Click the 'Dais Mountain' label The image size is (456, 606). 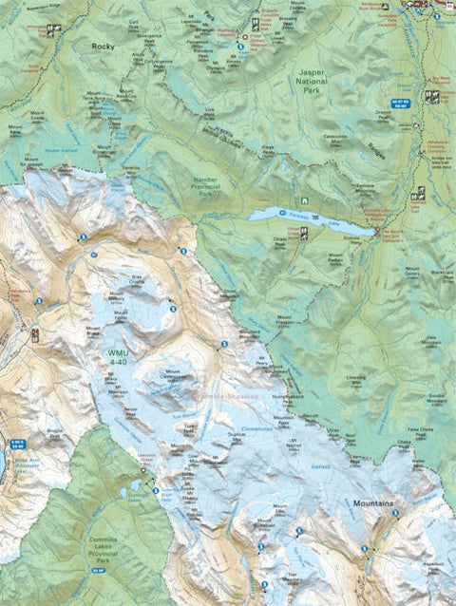[x=431, y=341]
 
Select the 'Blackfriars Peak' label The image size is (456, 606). [x=441, y=275]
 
